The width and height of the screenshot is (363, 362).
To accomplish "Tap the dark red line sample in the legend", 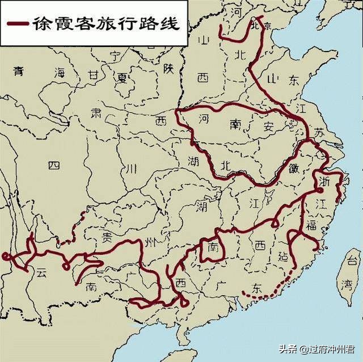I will pos(18,24).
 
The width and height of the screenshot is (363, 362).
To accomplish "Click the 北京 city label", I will pos(264,25).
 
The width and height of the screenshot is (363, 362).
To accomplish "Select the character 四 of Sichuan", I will pos(53,165).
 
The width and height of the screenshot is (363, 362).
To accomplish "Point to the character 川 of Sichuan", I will pos(132,169).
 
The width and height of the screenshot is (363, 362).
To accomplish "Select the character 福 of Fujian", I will pos(311,226).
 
